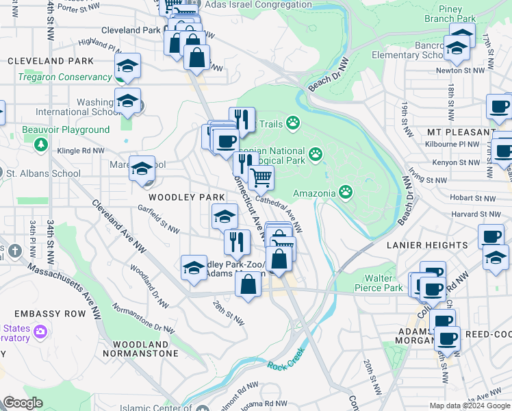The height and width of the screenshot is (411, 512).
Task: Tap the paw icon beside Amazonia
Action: tap(347, 192)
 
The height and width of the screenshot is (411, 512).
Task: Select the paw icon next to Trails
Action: tap(293, 123)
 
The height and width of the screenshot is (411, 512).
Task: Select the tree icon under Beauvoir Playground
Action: tap(41, 144)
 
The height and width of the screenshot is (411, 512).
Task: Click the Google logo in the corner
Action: tap(23, 403)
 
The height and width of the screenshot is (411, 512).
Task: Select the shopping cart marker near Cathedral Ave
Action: tap(261, 178)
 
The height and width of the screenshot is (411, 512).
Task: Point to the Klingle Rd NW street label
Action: tap(81, 150)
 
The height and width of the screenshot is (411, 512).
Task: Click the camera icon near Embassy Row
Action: tap(40, 332)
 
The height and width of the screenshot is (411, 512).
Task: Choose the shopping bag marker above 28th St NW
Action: tap(248, 284)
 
